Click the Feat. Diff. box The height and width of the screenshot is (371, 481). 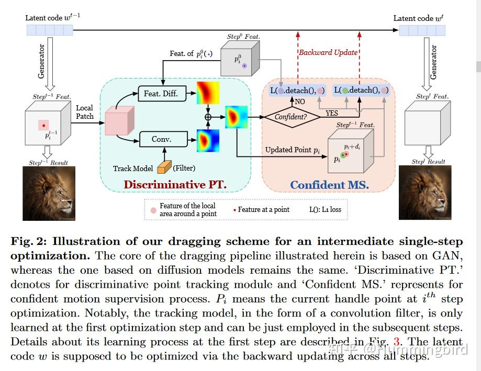click(161, 94)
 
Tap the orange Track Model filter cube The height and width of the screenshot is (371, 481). click(164, 167)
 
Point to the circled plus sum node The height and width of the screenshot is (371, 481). click(208, 117)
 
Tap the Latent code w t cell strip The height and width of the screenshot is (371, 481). click(422, 30)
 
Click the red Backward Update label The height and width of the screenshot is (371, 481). click(328, 52)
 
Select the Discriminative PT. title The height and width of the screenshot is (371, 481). click(175, 185)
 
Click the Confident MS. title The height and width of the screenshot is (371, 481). click(329, 185)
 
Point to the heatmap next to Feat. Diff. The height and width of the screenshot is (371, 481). click(208, 93)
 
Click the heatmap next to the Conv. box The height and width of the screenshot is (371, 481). click(208, 140)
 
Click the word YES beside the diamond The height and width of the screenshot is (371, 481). click(332, 113)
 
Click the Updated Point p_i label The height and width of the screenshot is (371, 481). click(292, 150)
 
